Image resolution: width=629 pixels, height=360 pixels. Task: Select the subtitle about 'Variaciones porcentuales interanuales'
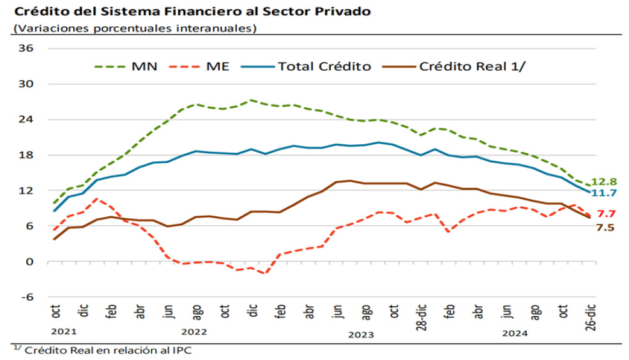coord(135,28)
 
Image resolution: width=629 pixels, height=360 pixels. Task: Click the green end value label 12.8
coord(603,181)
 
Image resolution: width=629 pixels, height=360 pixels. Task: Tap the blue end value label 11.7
coord(603,193)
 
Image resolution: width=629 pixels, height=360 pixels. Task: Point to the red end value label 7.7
coord(605,214)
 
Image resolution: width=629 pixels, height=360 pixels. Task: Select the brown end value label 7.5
coord(605,227)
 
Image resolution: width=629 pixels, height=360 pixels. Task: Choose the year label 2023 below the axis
coord(361,334)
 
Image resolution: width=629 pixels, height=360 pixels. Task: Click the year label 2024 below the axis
coord(514,333)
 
